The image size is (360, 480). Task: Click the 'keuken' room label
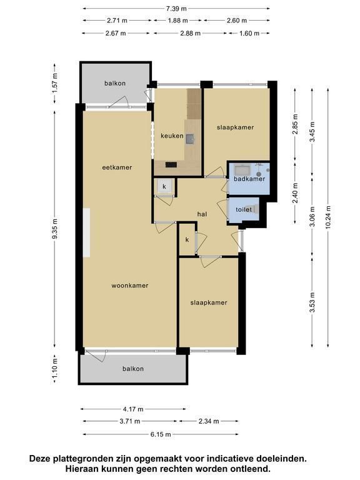tap(172, 136)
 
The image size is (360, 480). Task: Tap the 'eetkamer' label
tap(117, 167)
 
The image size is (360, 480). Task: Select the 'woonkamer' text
tap(130, 286)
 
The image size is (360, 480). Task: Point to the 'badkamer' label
tap(249, 179)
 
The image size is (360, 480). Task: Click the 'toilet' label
tap(244, 210)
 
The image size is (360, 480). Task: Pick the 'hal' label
tap(202, 214)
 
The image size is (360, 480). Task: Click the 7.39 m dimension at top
tap(176, 9)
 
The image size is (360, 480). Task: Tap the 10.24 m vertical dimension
tap(328, 217)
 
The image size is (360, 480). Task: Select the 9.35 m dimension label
tap(55, 229)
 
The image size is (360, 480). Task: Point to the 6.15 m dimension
tap(161, 434)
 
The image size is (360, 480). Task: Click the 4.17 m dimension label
tap(133, 409)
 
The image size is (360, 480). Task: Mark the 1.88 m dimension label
tap(178, 21)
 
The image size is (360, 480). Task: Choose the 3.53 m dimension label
tap(312, 302)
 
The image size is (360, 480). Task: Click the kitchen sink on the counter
tap(190, 139)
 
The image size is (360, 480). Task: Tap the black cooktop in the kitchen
tap(171, 165)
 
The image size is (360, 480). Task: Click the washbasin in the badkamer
tap(242, 169)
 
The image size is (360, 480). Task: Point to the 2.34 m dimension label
tap(209, 421)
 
